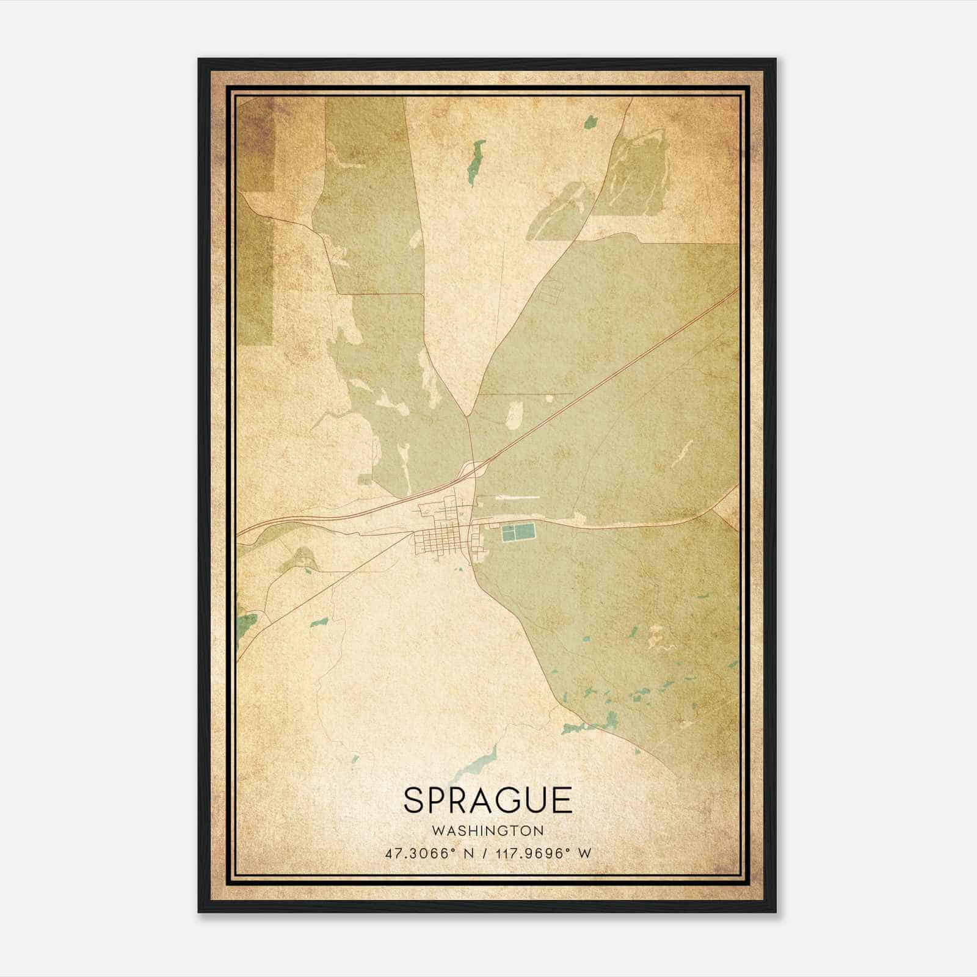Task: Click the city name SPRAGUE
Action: tap(487, 801)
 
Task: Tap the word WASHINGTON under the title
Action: tap(487, 831)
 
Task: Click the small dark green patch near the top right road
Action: tap(590, 122)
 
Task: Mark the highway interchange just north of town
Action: tap(474, 470)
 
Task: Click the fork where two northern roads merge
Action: tap(468, 417)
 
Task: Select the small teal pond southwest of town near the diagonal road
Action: tap(319, 623)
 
